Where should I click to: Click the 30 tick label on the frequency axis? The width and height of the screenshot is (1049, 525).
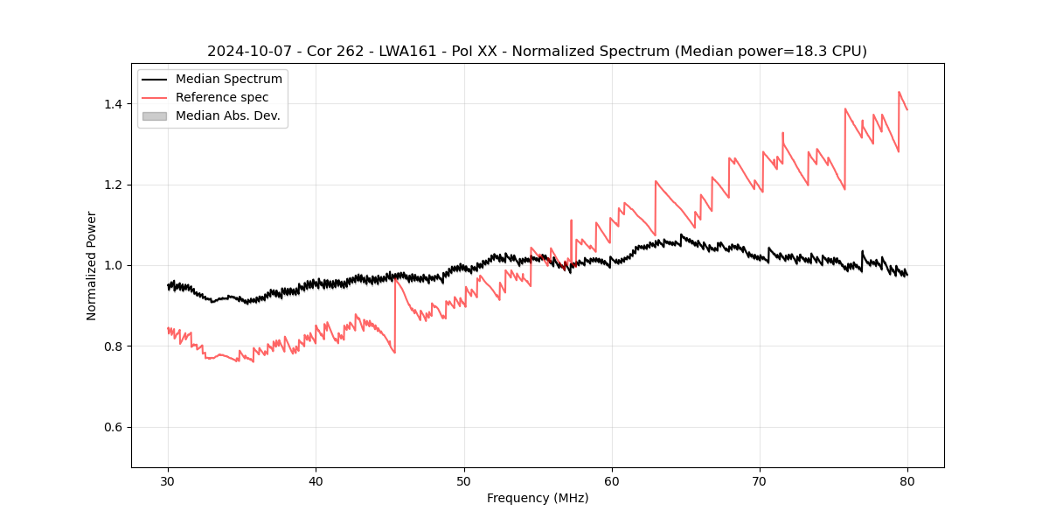coord(168,480)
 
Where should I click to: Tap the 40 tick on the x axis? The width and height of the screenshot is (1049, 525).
coord(316,480)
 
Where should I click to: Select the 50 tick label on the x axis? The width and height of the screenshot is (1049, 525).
coord(463,480)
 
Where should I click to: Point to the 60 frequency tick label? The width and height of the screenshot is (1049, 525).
coord(612,480)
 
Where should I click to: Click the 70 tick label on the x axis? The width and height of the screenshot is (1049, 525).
coord(760,480)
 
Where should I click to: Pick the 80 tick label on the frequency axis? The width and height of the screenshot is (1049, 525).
coord(907,480)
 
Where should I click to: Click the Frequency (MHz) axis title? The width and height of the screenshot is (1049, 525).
coord(538,498)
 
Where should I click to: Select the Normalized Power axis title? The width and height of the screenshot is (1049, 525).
coord(92,265)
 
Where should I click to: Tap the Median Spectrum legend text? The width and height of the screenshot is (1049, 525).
coord(228,80)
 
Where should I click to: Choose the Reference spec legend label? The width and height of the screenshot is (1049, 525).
coord(222,97)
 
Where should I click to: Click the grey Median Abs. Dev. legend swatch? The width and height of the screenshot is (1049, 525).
coord(154,115)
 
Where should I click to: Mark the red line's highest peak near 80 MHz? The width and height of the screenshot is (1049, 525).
coord(899,92)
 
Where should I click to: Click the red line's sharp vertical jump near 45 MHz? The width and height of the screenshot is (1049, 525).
coord(395,315)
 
